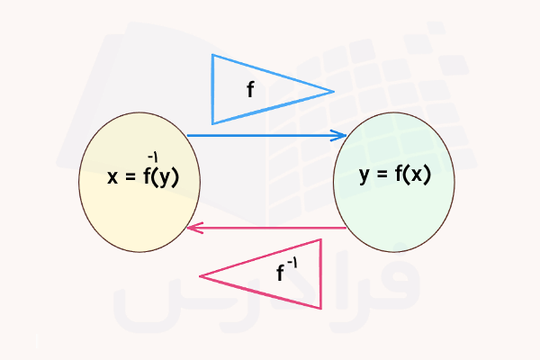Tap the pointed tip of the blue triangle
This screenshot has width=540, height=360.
[x=332, y=91]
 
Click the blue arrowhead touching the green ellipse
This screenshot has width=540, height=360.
[x=341, y=136]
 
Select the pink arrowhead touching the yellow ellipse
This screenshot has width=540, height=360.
[x=192, y=228]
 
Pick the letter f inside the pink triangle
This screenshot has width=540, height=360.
[x=281, y=274]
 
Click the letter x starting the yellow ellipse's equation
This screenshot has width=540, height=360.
[x=112, y=177]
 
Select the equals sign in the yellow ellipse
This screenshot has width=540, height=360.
[x=130, y=177]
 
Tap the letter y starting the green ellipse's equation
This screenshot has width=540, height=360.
[x=364, y=175]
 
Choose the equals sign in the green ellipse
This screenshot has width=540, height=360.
[x=382, y=175]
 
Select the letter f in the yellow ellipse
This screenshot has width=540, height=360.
[x=147, y=176]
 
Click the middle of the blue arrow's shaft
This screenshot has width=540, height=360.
[x=265, y=136]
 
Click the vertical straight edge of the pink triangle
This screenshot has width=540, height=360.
[x=320, y=274]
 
